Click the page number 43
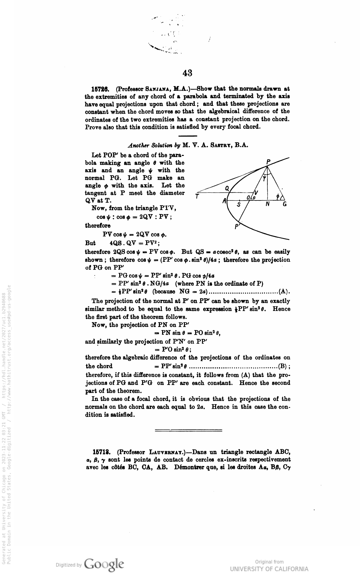pos(188,73)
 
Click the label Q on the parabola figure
pos(227,188)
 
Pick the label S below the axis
pos(239,205)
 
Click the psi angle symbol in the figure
pos(265,179)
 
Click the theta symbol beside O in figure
pos(254,198)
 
